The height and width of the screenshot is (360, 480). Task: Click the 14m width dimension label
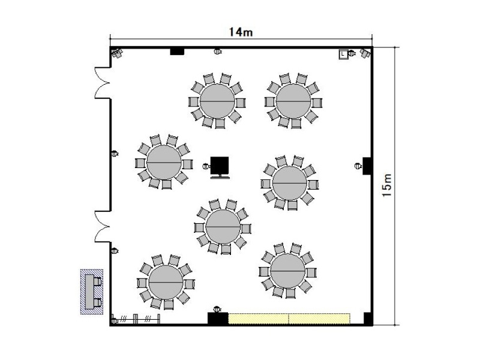(x=241, y=32)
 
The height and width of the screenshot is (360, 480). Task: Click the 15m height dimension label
(x=387, y=185)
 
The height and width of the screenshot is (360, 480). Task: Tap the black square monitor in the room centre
(x=220, y=167)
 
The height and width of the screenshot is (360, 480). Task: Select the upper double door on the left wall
(x=102, y=83)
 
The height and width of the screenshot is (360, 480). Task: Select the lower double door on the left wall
(x=102, y=227)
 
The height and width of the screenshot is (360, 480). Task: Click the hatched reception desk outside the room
(x=92, y=292)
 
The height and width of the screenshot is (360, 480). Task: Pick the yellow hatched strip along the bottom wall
(x=289, y=319)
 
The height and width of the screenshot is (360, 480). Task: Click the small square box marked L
(x=343, y=54)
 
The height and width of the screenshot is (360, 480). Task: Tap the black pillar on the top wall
(x=177, y=51)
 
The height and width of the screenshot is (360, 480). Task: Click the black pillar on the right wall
(x=367, y=166)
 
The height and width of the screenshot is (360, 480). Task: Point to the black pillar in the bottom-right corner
(x=367, y=319)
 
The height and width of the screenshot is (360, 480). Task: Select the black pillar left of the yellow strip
(x=218, y=319)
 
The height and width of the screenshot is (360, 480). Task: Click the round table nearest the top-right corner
(x=293, y=101)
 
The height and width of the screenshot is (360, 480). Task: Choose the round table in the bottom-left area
(x=166, y=282)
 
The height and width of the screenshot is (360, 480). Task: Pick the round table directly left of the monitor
(x=164, y=162)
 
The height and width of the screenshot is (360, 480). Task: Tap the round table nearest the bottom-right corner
(x=288, y=271)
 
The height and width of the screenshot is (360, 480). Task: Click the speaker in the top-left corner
(x=117, y=53)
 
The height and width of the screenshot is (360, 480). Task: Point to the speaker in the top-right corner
(x=365, y=53)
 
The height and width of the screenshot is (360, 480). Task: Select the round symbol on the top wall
(x=218, y=51)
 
